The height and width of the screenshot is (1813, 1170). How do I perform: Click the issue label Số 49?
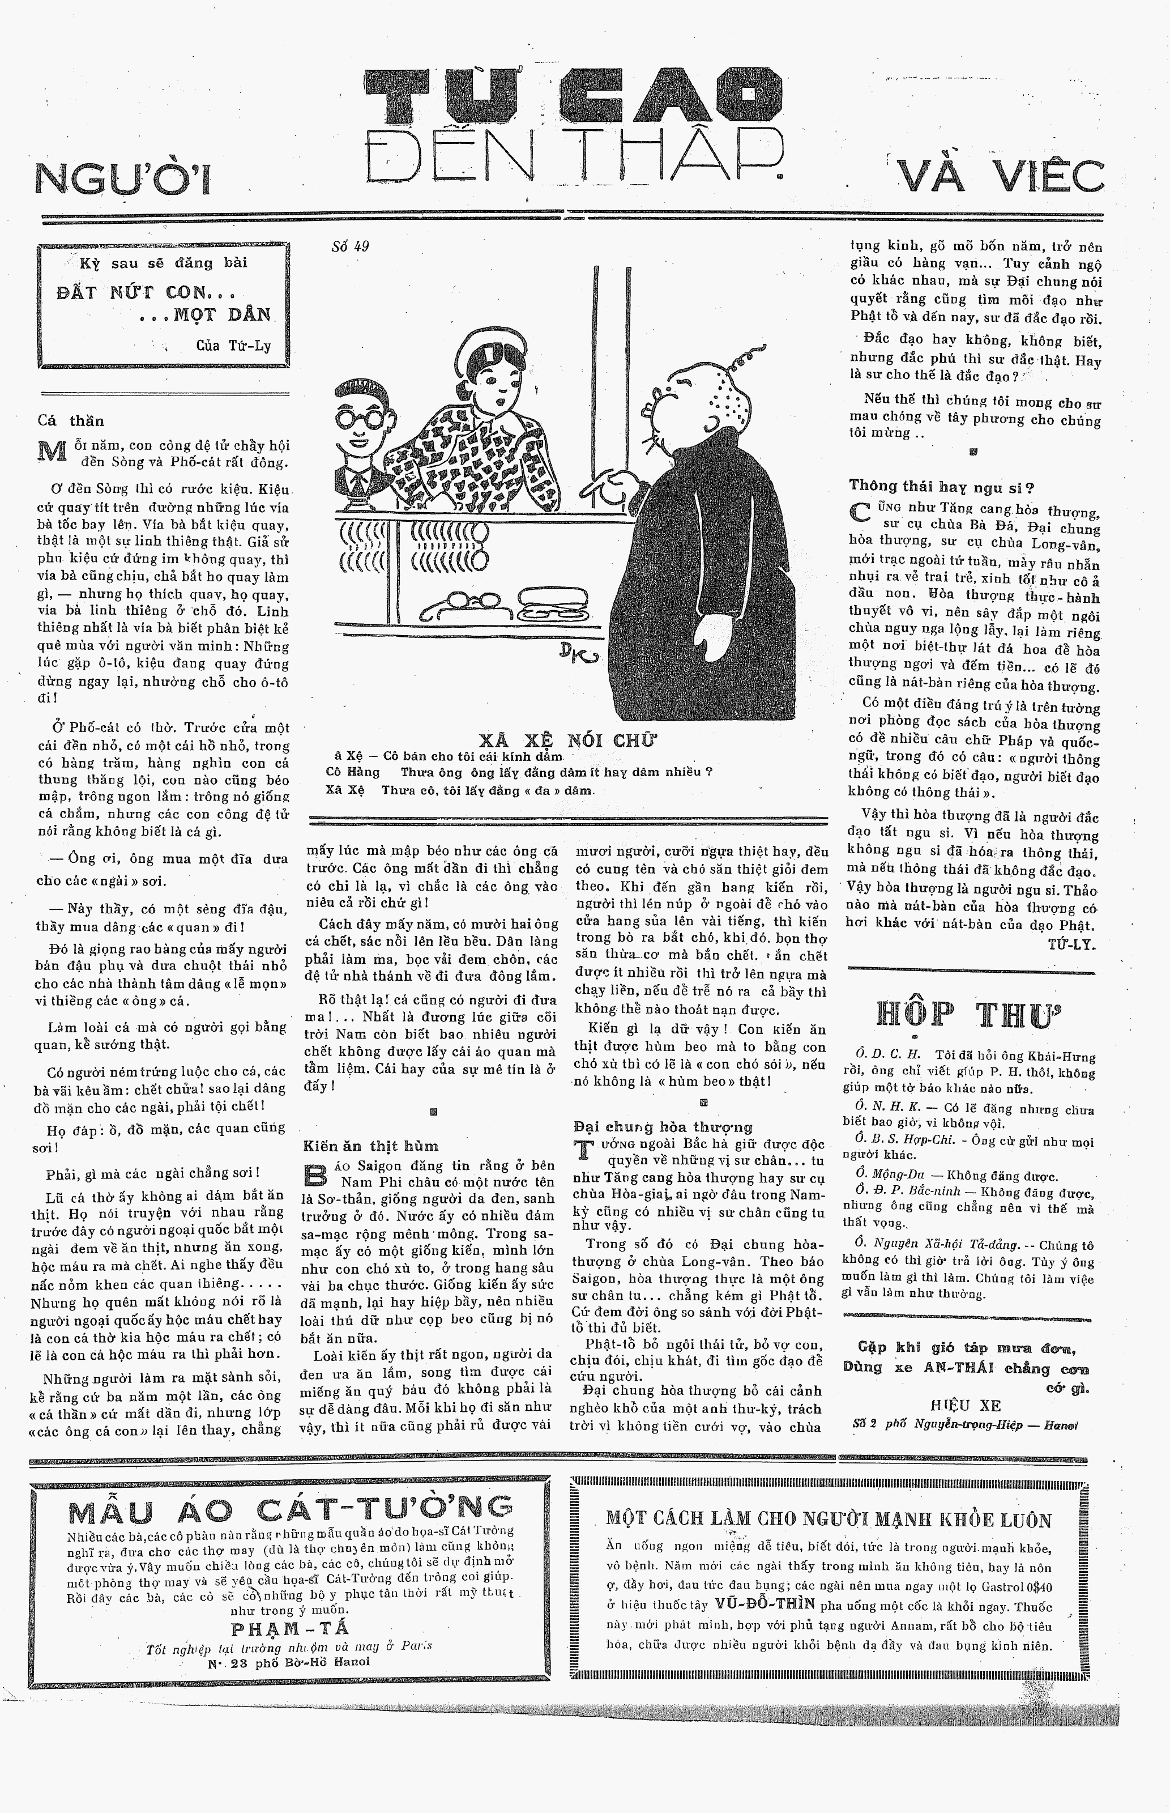350,246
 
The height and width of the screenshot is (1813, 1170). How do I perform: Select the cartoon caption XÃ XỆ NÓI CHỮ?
567,740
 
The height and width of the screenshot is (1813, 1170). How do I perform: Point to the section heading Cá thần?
71,421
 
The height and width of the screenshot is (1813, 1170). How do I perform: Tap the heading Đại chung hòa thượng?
663,1126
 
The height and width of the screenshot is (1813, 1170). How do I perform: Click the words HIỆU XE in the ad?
965,1405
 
